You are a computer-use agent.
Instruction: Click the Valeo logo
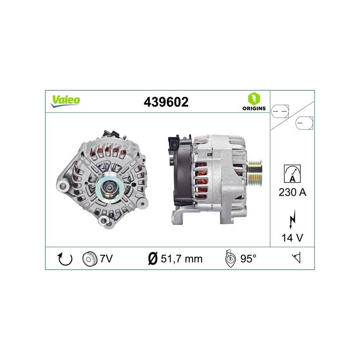tap(65, 101)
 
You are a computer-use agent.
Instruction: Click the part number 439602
tap(166, 102)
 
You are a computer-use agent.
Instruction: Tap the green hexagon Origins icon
tap(254, 99)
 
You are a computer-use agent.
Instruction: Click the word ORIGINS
tap(254, 108)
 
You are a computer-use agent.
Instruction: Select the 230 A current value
tap(292, 192)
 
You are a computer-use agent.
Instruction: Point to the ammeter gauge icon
tap(292, 174)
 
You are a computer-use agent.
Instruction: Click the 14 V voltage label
tap(292, 238)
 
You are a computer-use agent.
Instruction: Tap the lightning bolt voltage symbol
tap(292, 219)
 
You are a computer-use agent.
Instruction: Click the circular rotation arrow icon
tap(65, 259)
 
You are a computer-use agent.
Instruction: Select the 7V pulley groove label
tap(106, 259)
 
